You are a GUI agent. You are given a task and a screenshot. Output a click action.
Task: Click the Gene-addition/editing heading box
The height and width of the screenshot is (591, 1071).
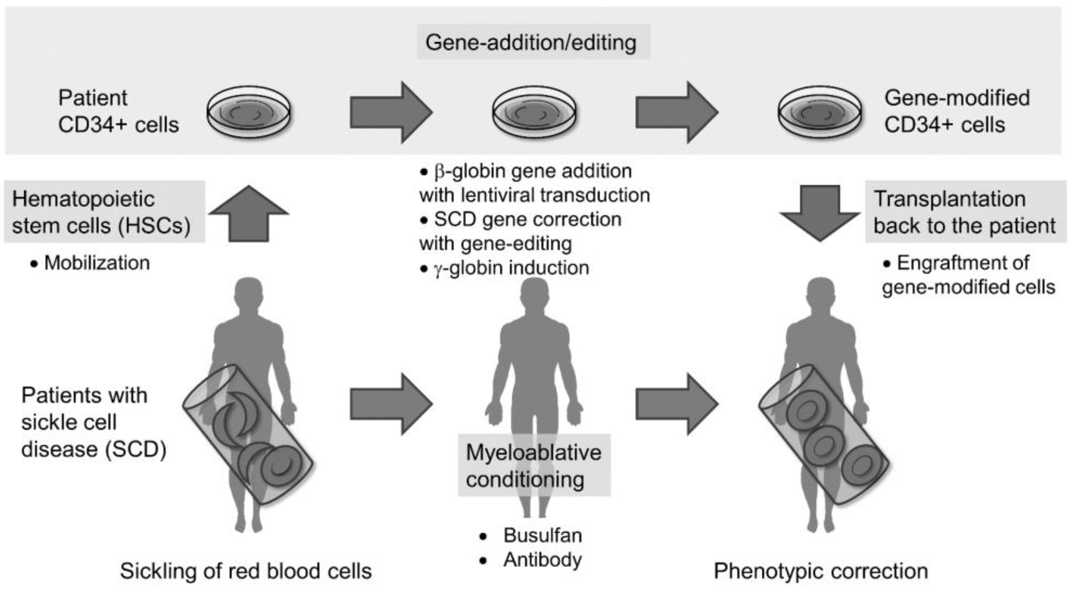coord(533,42)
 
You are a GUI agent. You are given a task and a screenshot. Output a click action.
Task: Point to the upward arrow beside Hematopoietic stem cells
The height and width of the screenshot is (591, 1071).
coord(249,214)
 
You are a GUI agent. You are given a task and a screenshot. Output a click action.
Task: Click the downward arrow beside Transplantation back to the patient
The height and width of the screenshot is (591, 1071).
coord(819,212)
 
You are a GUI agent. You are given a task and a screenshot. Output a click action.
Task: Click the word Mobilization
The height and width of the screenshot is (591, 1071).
coord(97,263)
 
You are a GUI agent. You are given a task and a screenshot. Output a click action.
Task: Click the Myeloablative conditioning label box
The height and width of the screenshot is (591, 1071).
coord(534,466)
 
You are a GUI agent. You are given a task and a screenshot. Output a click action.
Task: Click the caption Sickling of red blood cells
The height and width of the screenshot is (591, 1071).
coord(246,571)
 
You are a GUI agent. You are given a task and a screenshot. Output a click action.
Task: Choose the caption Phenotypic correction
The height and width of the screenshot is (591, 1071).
coord(821,571)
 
